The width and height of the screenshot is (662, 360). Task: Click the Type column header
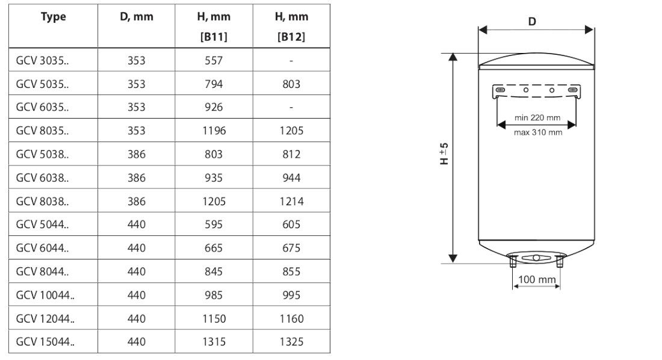pos(53,17)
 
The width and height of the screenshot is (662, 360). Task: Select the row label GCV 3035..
pos(42,60)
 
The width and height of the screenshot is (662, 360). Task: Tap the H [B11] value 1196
pos(214,131)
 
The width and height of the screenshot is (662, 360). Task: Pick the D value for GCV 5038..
pos(137,154)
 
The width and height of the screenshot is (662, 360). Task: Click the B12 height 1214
pos(291,201)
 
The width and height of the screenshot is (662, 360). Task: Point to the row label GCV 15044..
pos(45,341)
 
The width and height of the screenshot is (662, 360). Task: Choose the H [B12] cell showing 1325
pos(291,341)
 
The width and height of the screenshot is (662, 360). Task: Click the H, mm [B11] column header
pos(214,26)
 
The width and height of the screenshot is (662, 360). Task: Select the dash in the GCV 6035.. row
pos(291,107)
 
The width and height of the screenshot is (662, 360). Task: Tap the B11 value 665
pos(214,247)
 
